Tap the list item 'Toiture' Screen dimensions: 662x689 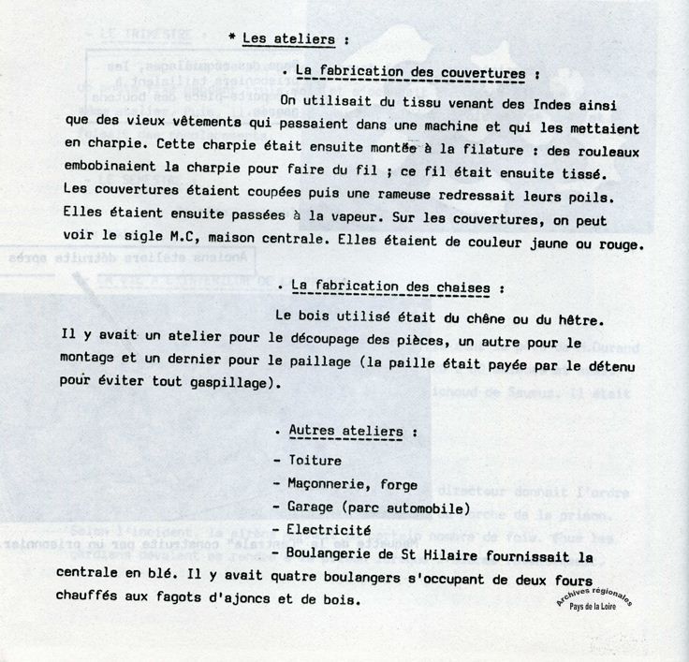315,461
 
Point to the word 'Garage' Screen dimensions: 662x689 309,508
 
